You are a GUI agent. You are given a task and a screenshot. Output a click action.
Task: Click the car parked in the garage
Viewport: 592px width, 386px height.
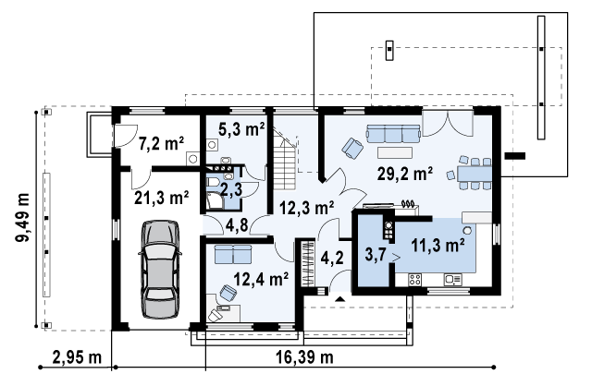pos(160,269)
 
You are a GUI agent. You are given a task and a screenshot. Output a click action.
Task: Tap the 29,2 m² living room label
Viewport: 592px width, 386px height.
pos(405,175)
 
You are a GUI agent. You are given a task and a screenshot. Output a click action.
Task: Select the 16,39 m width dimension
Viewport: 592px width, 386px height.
pos(304,357)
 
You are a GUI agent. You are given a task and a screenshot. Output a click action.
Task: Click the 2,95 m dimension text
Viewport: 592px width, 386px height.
pos(77,357)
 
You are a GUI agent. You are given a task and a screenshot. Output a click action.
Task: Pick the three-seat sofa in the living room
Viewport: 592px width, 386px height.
pos(393,134)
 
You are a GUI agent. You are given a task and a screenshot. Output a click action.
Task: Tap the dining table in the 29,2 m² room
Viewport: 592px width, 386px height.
pos(475,174)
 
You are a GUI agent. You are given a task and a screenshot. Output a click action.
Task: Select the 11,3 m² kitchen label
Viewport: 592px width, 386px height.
pos(438,246)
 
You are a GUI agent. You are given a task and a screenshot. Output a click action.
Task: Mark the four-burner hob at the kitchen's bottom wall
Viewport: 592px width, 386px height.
pos(415,279)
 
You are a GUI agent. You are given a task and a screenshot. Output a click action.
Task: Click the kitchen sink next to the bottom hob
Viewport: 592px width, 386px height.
pos(453,280)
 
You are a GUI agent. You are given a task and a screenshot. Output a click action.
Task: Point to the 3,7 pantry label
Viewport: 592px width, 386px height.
pos(375,255)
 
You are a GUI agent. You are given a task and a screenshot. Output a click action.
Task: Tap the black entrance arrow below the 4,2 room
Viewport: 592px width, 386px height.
pos(340,299)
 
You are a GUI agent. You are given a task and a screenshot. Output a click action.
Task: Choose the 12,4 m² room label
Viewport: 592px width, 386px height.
pos(261,279)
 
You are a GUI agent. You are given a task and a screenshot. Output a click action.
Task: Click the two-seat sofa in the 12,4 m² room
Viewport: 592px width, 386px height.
pos(233,254)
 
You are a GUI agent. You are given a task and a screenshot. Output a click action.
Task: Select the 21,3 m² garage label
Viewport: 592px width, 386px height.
pos(162,198)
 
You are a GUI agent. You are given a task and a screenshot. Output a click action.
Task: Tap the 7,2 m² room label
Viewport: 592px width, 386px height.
pos(162,144)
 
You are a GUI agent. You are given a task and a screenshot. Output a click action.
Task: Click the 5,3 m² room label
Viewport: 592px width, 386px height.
pos(241,129)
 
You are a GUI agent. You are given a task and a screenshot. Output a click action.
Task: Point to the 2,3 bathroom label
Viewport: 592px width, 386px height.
pos(231,189)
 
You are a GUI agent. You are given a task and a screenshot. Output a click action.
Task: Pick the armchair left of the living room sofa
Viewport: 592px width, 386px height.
pos(352,148)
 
